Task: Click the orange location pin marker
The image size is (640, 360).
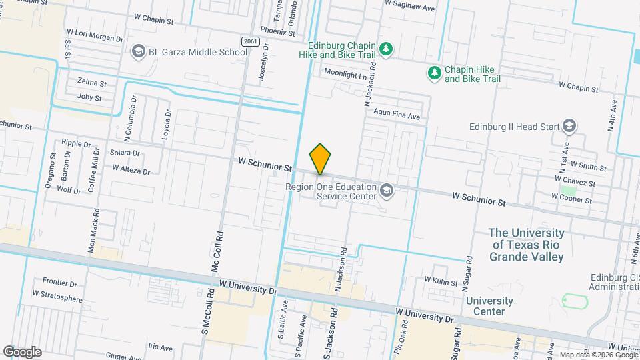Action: pos(321,159)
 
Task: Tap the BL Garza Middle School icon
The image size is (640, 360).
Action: pos(138,51)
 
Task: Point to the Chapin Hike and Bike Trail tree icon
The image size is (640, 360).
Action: pos(435,73)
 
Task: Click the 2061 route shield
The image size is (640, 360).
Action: pos(250,41)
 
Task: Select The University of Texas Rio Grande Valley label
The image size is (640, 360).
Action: pos(526,245)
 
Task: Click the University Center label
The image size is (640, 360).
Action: pos(489,306)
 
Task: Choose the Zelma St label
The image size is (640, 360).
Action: pos(92,83)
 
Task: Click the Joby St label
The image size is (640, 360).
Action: pos(89,98)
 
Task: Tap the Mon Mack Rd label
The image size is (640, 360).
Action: pos(94,231)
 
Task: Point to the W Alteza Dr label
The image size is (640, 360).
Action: pos(131,170)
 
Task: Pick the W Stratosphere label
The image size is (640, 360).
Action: pos(57,293)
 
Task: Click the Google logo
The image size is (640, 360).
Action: pos(22,352)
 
